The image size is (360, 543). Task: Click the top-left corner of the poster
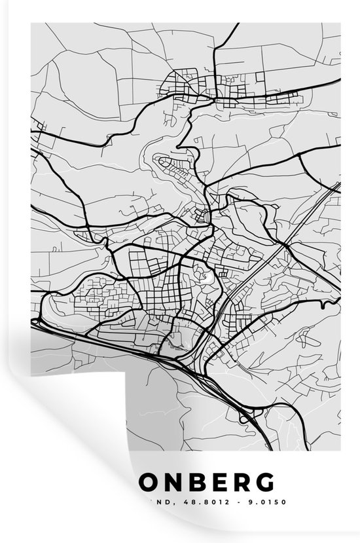coord(31,24)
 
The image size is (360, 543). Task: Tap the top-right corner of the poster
coord(340,24)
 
